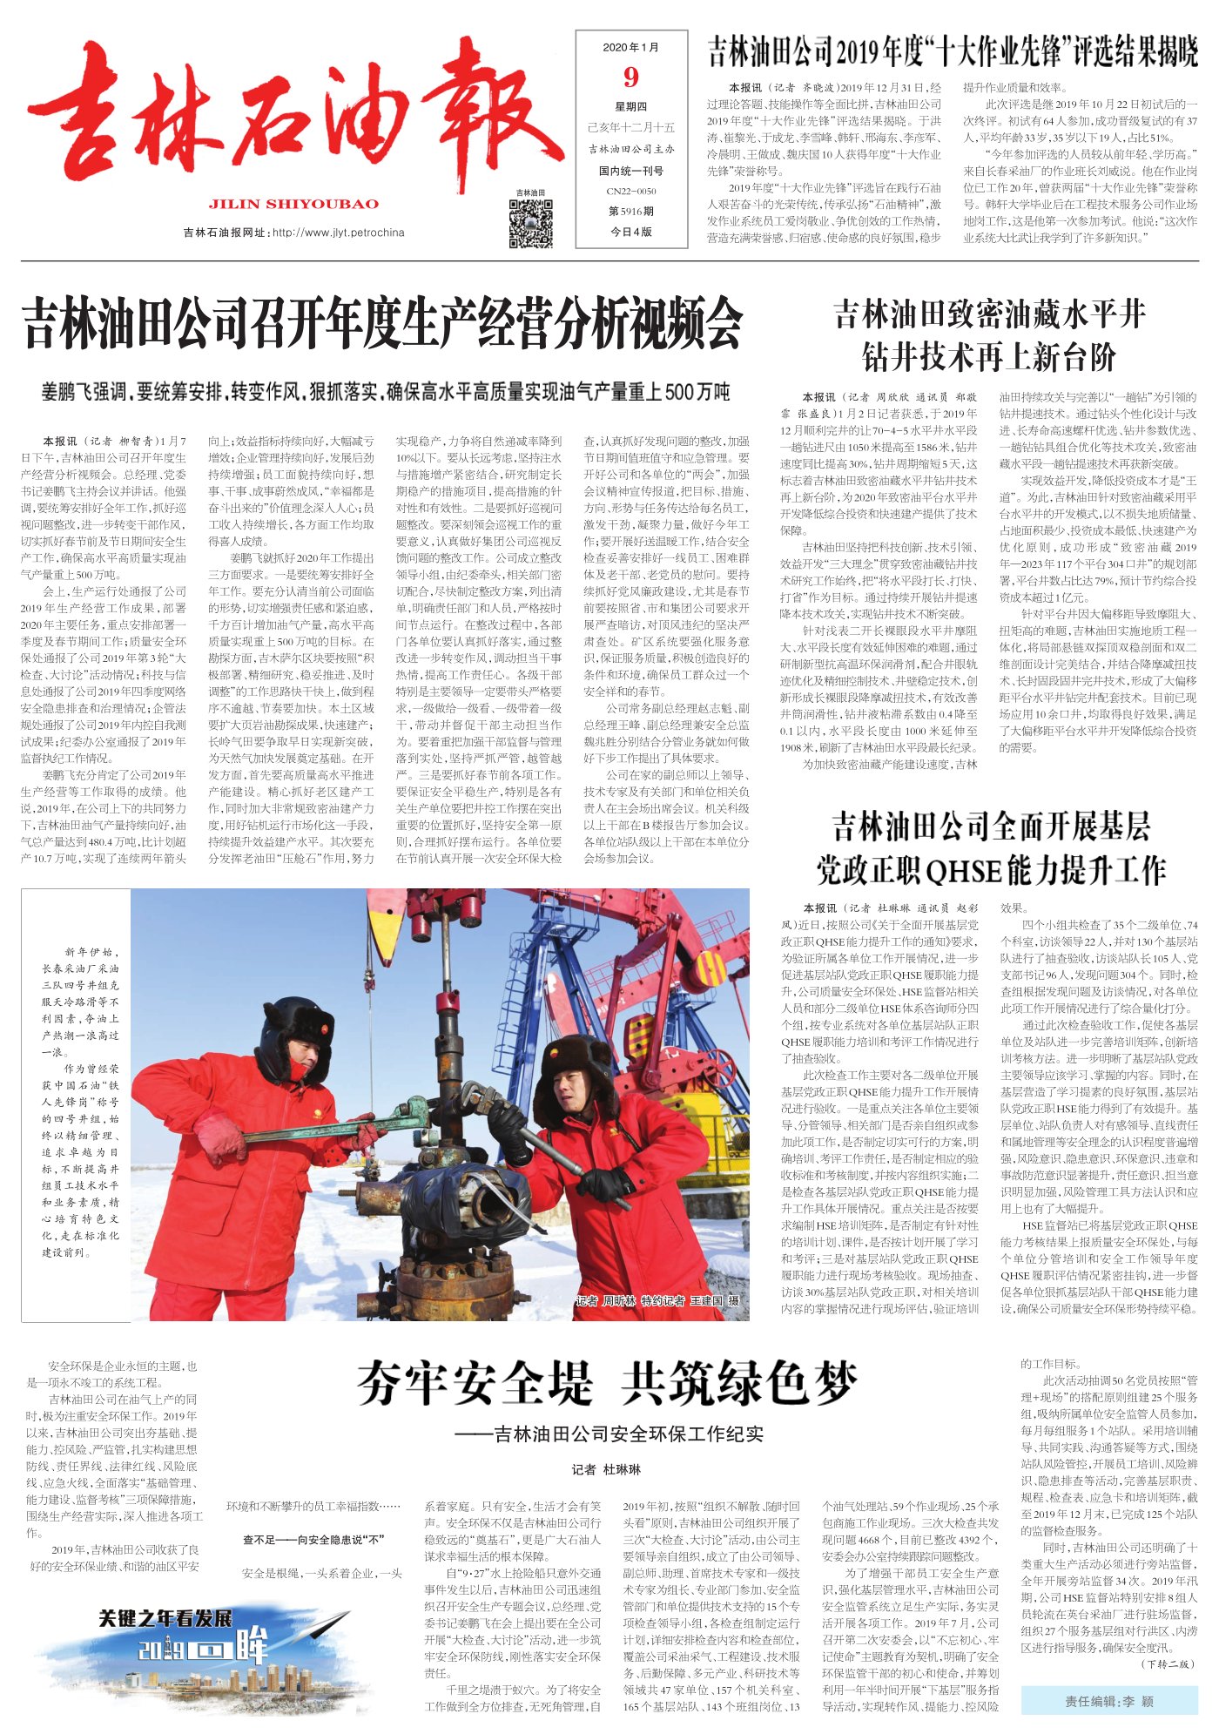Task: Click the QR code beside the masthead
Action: click(530, 223)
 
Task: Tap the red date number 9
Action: click(631, 78)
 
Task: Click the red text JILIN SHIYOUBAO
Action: click(294, 205)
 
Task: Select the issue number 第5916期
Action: click(631, 211)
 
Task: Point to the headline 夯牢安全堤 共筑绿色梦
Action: click(607, 1382)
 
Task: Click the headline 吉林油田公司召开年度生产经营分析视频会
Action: click(382, 322)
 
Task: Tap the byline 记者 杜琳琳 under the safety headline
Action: click(606, 1469)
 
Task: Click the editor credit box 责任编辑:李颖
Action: click(1110, 1701)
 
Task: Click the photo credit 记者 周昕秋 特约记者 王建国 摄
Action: click(657, 1301)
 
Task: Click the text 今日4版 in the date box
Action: click(631, 232)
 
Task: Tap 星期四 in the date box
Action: click(631, 107)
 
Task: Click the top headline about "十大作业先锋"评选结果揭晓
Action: click(953, 52)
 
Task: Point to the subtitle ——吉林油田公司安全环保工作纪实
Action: click(608, 1434)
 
